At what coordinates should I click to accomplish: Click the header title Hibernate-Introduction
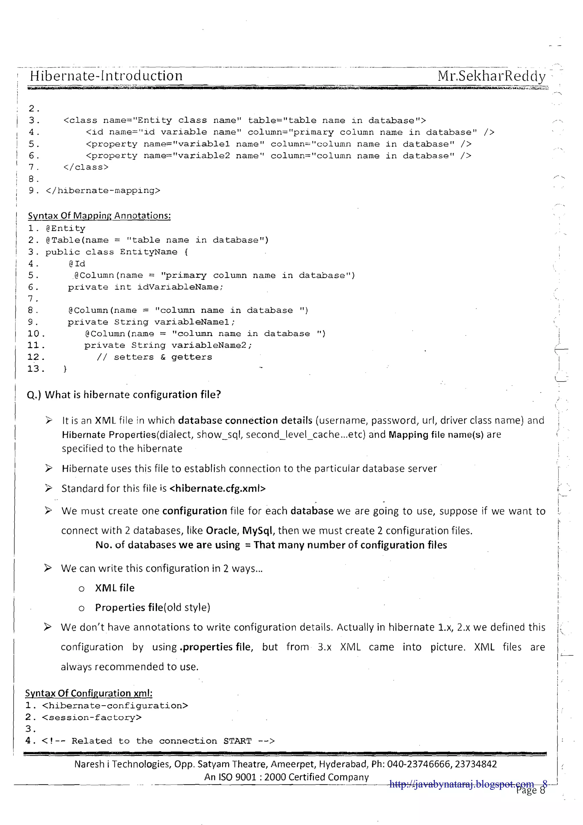[x=106, y=76]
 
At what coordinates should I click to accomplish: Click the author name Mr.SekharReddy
[x=491, y=76]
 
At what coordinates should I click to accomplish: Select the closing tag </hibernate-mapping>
[x=103, y=191]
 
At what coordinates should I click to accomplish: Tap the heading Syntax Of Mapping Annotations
[x=99, y=216]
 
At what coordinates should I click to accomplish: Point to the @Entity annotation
[x=65, y=228]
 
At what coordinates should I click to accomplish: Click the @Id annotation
[x=77, y=264]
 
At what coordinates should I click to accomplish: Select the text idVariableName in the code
[x=180, y=287]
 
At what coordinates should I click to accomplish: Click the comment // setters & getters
[x=155, y=357]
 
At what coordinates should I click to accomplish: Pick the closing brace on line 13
[x=65, y=369]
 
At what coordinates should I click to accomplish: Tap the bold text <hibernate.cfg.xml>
[x=217, y=488]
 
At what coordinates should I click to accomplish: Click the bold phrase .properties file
[x=216, y=647]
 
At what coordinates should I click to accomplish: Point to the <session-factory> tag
[x=92, y=718]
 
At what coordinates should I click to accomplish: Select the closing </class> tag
[x=86, y=167]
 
